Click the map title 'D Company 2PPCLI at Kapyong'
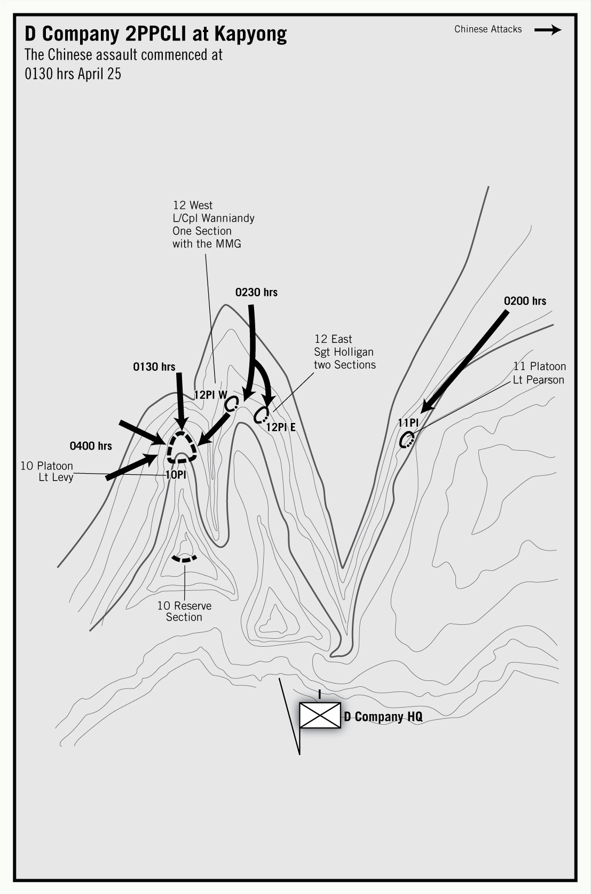pos(155,34)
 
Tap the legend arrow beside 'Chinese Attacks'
pos(547,30)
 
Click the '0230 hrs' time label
pos(256,292)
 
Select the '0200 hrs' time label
pos(525,301)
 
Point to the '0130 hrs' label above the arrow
pos(154,367)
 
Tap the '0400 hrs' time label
pos(91,446)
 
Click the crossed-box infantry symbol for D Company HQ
pos(320,715)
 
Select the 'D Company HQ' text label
pos(383,717)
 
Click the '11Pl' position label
pos(407,423)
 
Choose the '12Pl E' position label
pos(280,427)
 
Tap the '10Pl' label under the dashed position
pos(176,474)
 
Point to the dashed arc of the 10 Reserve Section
pos(184,559)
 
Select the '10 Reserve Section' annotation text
pos(184,611)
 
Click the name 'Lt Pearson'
pos(538,380)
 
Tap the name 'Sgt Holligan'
pos(344,352)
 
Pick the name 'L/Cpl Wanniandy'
pos(213,218)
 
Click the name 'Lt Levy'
pos(56,477)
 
